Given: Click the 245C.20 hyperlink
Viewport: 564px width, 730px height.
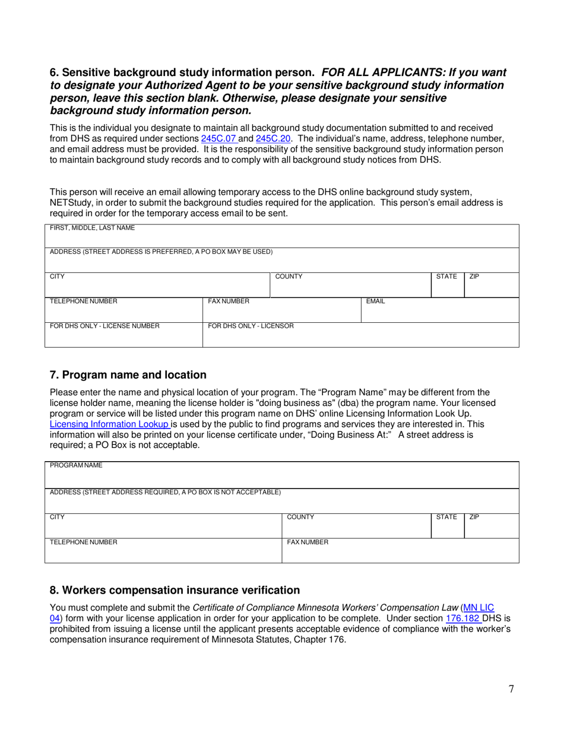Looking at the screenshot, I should (273, 138).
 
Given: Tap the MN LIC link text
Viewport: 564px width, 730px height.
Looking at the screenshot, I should (478, 607).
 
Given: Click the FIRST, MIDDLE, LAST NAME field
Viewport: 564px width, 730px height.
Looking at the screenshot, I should (282, 239).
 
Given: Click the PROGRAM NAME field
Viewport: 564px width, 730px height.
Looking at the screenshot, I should (282, 477).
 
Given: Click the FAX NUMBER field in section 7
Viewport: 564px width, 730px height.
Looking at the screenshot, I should (400, 553).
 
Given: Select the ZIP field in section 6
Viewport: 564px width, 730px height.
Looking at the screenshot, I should (491, 288).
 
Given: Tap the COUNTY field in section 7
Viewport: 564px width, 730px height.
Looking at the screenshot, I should (356, 528).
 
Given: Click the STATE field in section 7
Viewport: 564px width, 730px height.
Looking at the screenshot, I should (447, 528).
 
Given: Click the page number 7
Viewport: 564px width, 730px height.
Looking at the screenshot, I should (511, 689).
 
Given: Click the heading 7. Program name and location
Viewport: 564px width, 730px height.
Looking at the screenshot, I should (128, 375).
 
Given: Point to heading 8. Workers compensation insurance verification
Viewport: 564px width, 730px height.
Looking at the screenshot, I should (175, 590).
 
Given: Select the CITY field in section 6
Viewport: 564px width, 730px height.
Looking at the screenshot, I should (157, 288).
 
